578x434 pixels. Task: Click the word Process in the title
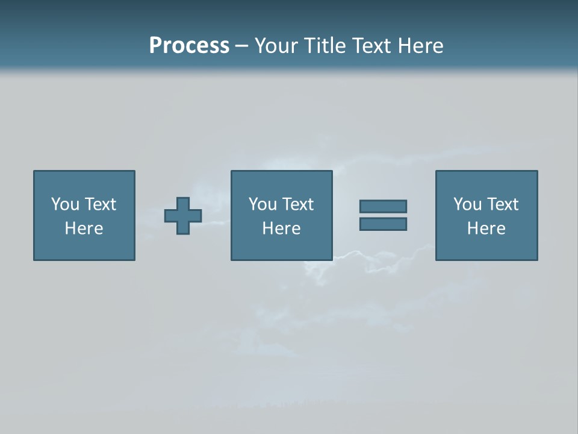pos(189,45)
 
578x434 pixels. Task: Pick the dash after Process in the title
pos(241,46)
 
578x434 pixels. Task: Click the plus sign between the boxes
pos(183,216)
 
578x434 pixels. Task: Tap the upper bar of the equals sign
pos(383,207)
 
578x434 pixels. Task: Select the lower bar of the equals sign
pos(383,224)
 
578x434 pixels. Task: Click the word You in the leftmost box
pos(66,204)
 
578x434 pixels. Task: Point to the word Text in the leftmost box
pos(99,204)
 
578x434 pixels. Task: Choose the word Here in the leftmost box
pos(84,228)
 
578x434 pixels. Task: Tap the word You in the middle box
pos(263,204)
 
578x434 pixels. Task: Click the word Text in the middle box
pos(297,204)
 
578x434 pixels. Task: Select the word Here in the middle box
pos(281,228)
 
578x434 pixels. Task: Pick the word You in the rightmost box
pos(468,204)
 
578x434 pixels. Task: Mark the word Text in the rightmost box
pos(502,204)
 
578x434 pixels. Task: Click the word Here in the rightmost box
pos(486,228)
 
